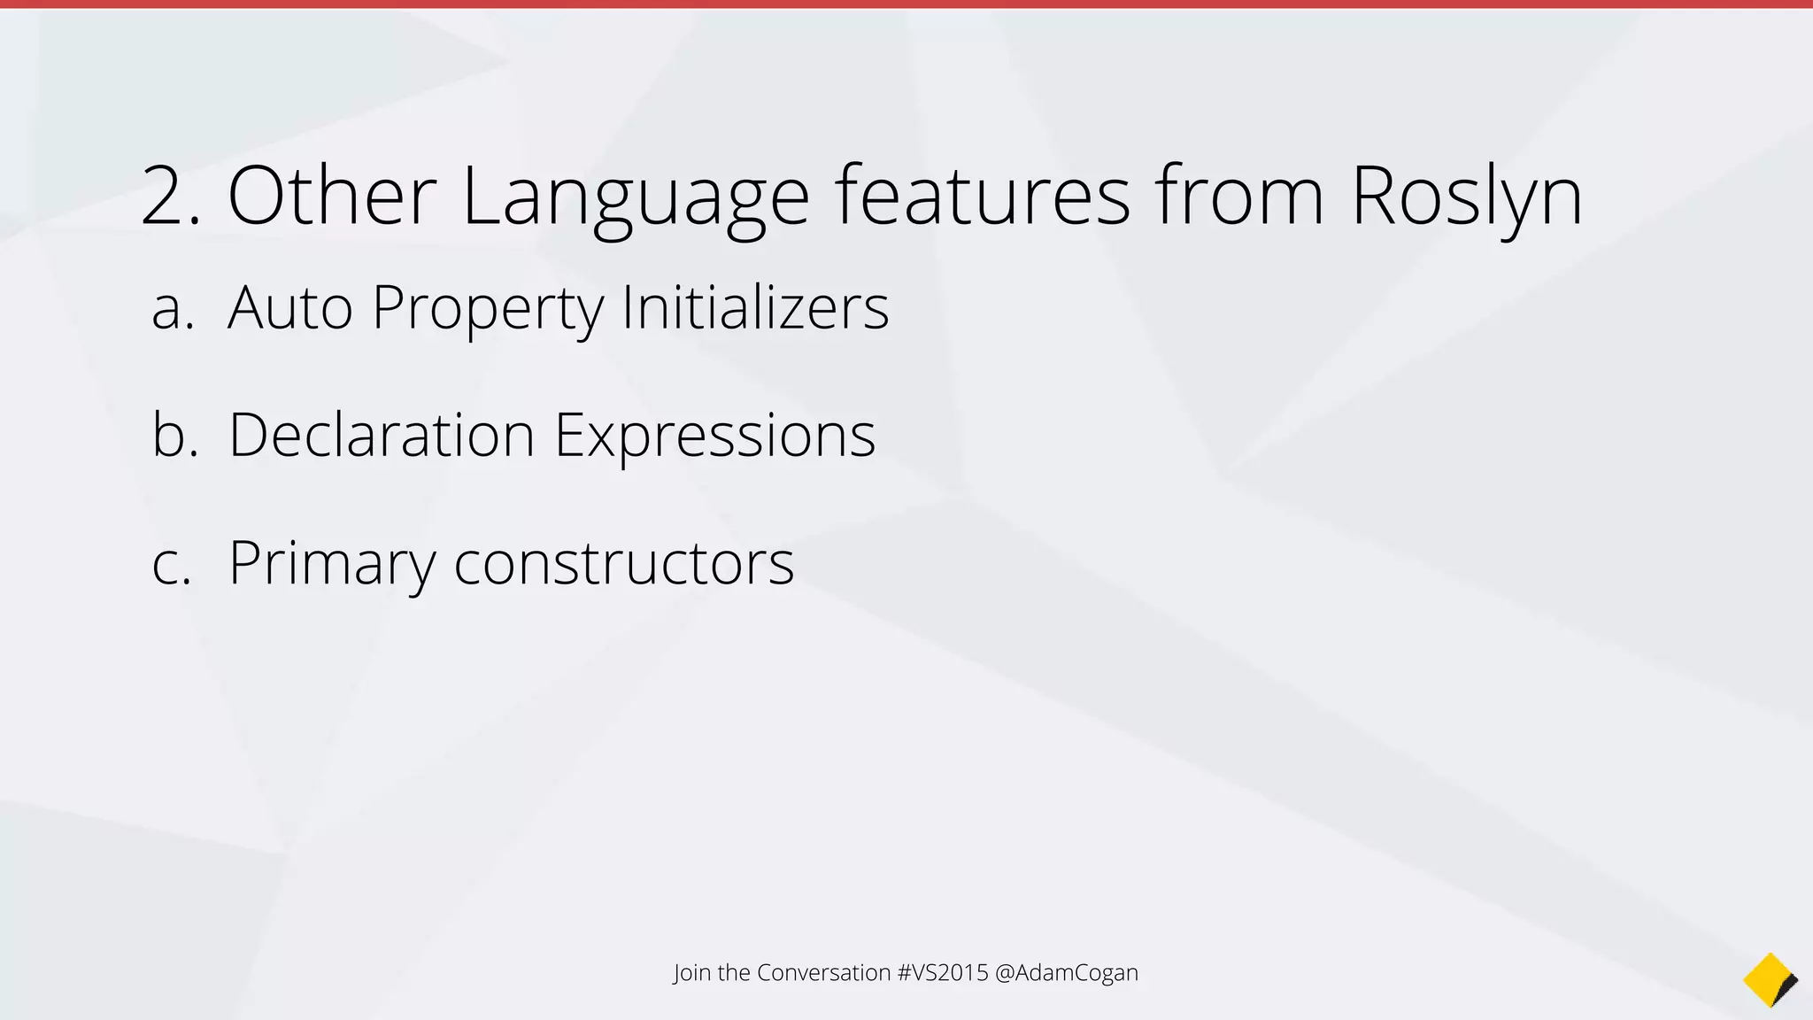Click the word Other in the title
coord(332,195)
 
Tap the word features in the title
coord(982,195)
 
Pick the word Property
coord(488,309)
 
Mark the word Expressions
coord(714,437)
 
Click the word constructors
coord(624,564)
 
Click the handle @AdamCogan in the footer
coord(1067,972)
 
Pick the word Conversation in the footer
coord(823,972)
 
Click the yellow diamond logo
coord(1769,980)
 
